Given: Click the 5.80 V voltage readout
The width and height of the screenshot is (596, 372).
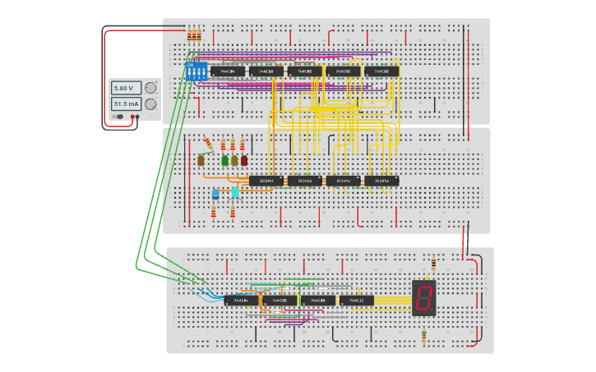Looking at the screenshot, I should (123, 88).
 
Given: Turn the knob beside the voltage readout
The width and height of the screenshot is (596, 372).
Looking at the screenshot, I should (150, 88).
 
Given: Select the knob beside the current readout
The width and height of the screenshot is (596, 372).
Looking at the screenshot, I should (150, 104).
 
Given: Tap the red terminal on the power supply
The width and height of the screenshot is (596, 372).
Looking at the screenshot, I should (136, 117).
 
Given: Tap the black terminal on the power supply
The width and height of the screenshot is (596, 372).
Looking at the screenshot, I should (131, 117).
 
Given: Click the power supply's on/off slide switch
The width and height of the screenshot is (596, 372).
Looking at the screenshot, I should (120, 117).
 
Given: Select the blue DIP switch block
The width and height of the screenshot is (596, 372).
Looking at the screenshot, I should (196, 71).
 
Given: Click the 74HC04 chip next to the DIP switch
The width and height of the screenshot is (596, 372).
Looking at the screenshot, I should (228, 71).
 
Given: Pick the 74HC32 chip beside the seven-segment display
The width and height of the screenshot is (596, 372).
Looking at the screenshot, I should (357, 301).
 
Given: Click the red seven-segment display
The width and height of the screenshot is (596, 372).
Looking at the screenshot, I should (424, 297).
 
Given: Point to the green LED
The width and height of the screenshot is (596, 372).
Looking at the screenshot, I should (224, 160).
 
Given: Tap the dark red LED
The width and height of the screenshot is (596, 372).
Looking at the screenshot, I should (244, 160).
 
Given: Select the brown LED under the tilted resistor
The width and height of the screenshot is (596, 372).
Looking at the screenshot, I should (201, 161).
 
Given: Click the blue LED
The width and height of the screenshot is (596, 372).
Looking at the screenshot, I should (215, 194).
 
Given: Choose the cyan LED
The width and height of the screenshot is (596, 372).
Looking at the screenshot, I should (234, 192).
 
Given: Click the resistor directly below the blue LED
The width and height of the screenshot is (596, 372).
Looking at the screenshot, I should (215, 212).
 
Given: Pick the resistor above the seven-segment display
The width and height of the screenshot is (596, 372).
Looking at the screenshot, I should (434, 264).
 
